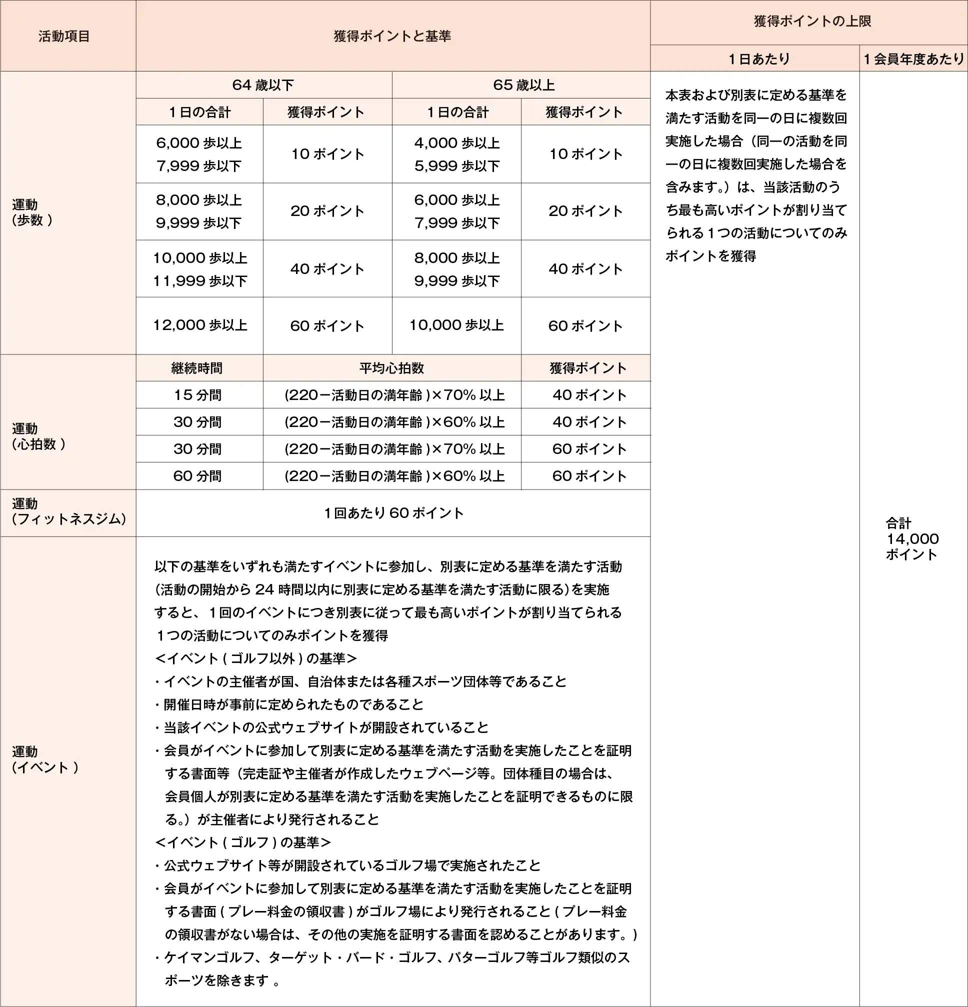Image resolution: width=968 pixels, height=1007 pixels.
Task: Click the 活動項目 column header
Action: [64, 36]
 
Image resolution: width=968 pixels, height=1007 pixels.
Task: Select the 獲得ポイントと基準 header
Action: [392, 36]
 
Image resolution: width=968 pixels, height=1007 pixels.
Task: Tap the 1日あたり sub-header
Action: [759, 59]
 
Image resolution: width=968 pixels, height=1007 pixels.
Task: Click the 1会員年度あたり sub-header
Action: [913, 59]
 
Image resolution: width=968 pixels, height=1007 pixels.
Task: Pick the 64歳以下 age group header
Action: [263, 85]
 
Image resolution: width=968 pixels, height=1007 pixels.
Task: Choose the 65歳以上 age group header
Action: [523, 85]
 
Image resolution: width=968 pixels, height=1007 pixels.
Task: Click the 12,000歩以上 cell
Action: [200, 325]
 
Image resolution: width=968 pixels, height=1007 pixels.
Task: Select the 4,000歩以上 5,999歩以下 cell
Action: [457, 154]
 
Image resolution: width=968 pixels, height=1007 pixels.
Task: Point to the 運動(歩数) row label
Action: [32, 212]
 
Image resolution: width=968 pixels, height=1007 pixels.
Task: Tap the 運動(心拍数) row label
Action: [38, 436]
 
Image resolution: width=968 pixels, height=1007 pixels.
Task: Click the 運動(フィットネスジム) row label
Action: [68, 511]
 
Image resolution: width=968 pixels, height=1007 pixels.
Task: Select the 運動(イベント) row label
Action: [45, 759]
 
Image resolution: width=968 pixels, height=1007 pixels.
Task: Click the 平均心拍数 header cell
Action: [391, 368]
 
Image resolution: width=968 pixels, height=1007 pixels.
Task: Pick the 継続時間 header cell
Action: [197, 368]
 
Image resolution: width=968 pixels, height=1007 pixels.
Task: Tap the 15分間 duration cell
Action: [198, 395]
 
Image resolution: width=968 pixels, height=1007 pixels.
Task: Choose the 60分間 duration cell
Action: [198, 476]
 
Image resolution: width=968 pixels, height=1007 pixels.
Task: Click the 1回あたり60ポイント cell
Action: [393, 512]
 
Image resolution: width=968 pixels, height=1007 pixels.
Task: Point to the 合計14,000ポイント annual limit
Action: [912, 538]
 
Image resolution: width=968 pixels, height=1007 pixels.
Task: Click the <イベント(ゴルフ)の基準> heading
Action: [242, 842]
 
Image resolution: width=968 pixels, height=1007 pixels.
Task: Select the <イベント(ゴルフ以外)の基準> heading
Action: [255, 658]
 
